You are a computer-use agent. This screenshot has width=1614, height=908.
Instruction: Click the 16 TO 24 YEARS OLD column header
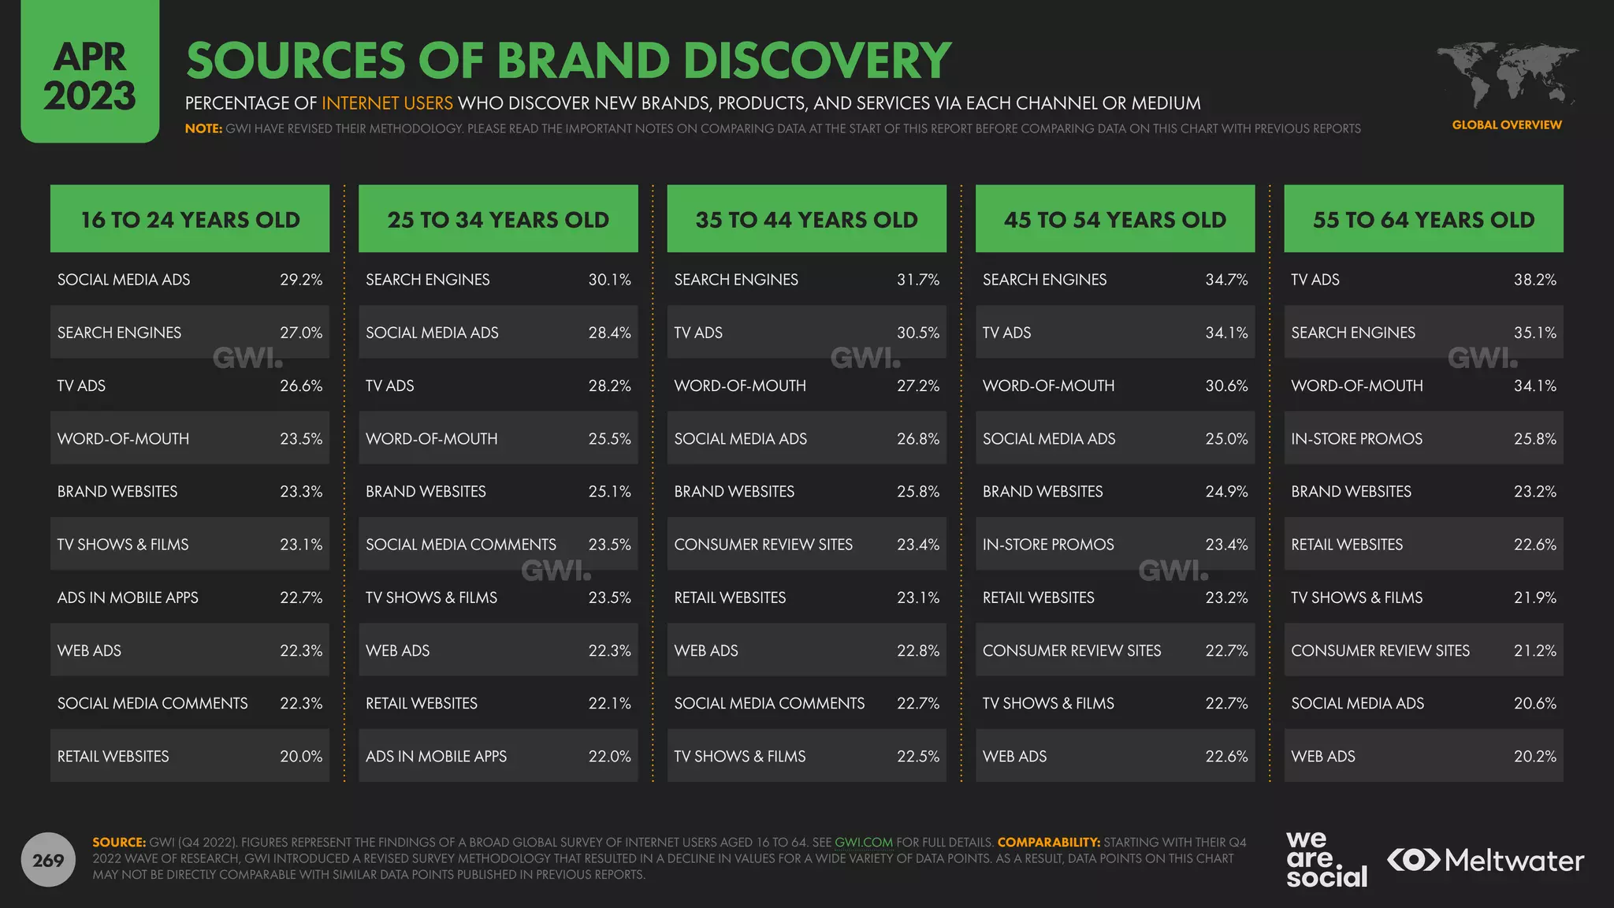(x=190, y=219)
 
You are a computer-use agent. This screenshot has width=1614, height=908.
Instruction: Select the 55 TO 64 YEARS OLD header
(x=1423, y=219)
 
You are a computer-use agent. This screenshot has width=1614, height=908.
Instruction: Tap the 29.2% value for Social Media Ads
(x=301, y=280)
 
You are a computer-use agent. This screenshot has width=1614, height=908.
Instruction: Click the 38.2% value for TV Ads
(x=1534, y=280)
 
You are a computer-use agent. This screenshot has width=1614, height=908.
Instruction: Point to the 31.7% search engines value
(x=917, y=280)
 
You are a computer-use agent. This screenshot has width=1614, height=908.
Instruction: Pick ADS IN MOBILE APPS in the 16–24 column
(x=128, y=597)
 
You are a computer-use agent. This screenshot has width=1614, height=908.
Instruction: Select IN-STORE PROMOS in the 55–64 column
(x=1356, y=439)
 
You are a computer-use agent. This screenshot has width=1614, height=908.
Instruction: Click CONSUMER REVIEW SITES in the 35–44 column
(x=763, y=545)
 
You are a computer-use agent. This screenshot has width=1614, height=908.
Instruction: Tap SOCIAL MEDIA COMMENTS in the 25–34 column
(x=460, y=545)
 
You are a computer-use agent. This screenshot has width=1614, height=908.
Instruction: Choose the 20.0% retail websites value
(x=301, y=757)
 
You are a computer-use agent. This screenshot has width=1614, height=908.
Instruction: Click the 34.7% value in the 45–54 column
(x=1226, y=280)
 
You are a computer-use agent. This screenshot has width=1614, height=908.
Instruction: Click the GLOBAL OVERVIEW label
(x=1506, y=125)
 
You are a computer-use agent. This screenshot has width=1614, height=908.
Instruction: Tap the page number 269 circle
(x=48, y=860)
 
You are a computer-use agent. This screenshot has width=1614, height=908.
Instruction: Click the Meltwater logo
(x=1486, y=860)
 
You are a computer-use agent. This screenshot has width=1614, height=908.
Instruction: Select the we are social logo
(x=1326, y=860)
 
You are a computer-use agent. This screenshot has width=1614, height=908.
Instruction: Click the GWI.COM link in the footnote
(x=863, y=843)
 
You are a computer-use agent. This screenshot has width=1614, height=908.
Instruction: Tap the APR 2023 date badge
(x=90, y=75)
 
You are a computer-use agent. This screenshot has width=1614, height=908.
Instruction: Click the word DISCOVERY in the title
(x=817, y=61)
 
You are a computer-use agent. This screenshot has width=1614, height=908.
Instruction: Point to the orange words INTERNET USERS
(x=387, y=103)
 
